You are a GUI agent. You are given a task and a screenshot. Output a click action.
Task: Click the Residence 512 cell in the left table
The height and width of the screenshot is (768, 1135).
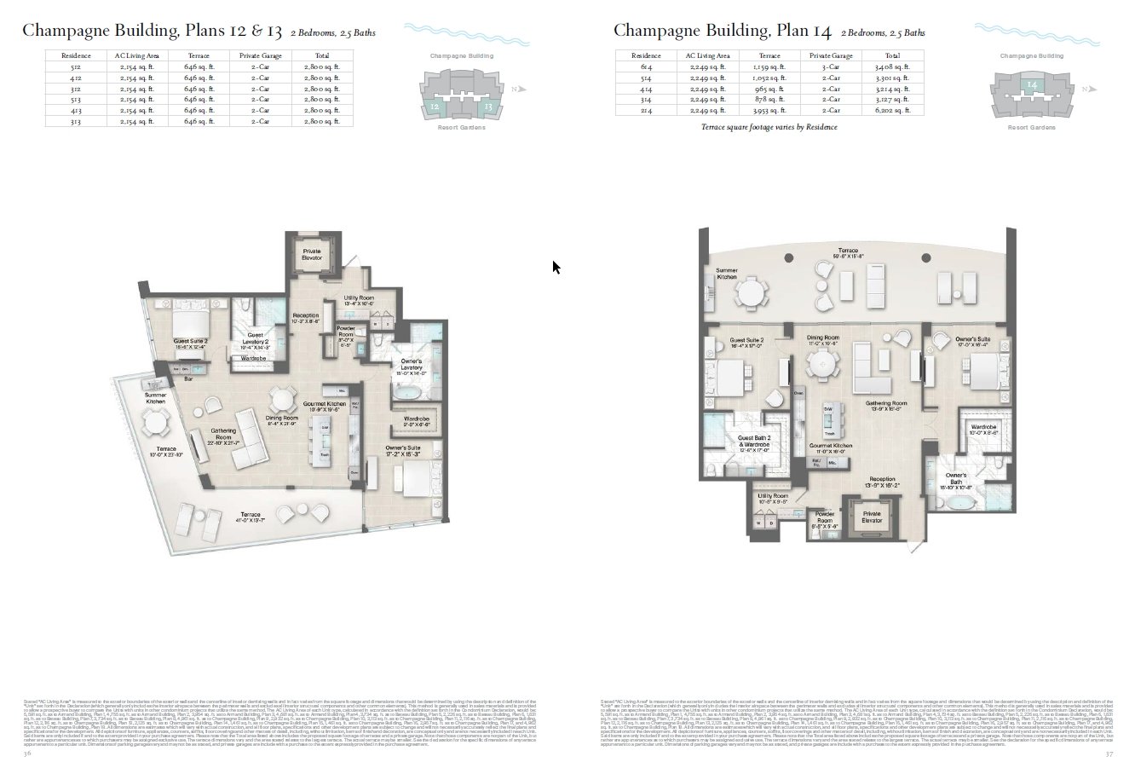coord(70,66)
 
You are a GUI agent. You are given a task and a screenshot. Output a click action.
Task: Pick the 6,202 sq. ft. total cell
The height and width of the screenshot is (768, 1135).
coord(892,110)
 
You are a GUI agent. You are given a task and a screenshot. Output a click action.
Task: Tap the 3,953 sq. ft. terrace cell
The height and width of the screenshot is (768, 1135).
coord(767,110)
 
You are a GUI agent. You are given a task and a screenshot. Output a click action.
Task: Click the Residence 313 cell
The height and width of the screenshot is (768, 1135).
coord(70,121)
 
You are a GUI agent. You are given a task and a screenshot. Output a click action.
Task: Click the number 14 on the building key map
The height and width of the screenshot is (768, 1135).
coord(1032,84)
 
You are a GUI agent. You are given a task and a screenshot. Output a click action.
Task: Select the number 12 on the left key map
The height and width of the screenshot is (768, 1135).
coord(435,107)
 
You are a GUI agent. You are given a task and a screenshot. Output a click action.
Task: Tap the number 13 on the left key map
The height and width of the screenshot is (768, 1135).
coord(488,107)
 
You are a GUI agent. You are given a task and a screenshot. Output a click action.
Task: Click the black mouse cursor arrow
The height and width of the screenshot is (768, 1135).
coord(556,268)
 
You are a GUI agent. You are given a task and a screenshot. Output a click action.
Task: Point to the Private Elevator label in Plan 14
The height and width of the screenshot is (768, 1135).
coord(872,517)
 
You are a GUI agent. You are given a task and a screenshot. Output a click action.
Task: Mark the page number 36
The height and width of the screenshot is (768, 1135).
coord(27,754)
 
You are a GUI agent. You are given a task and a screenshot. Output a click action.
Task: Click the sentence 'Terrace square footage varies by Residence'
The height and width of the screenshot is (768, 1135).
coord(768,127)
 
